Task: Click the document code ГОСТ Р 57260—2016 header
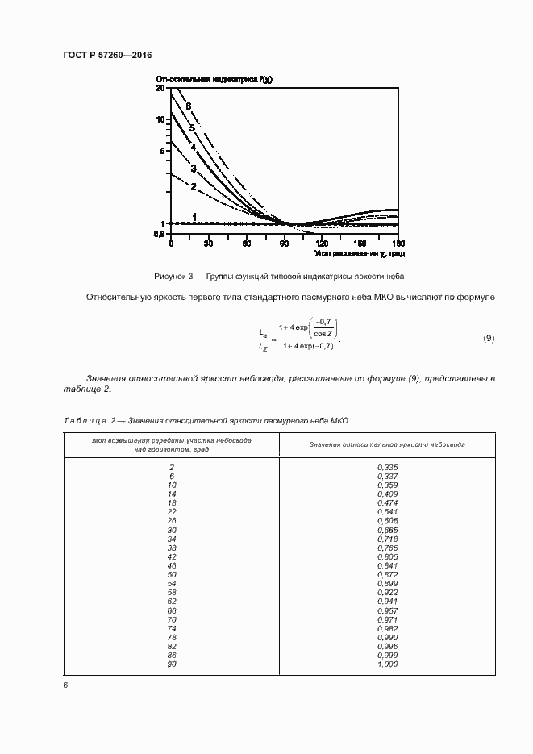click(106, 55)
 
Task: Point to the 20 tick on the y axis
click(160, 89)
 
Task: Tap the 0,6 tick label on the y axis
click(160, 235)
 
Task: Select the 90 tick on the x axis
click(285, 243)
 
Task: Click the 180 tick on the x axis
click(398, 243)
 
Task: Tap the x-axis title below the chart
click(360, 254)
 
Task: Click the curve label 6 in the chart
click(188, 106)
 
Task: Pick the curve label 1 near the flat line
click(195, 216)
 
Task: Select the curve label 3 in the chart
click(194, 169)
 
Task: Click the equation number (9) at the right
click(488, 337)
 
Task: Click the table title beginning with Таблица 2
click(206, 421)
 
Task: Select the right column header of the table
click(387, 445)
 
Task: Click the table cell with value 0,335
click(387, 468)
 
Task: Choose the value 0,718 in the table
click(387, 539)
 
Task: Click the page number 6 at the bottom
click(65, 685)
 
